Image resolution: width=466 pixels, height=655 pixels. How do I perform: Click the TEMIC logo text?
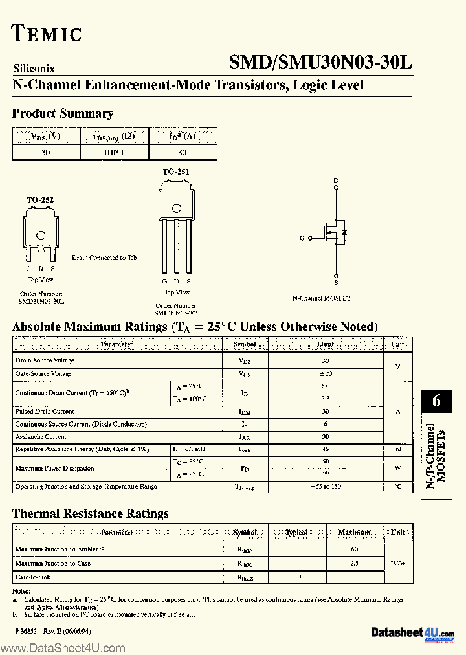click(47, 34)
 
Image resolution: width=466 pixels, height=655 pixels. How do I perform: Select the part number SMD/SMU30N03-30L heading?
click(320, 62)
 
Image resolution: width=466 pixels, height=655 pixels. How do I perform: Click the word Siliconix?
click(34, 68)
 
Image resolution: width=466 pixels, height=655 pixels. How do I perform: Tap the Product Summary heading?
click(63, 114)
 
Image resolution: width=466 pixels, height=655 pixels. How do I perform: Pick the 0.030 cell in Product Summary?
click(114, 153)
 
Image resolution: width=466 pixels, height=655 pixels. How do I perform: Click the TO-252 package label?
click(39, 200)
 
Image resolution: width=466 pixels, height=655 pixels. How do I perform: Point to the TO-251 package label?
click(175, 172)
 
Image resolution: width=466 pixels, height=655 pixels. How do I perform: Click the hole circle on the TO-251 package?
click(176, 207)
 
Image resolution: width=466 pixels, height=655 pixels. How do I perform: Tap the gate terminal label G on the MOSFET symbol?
click(302, 238)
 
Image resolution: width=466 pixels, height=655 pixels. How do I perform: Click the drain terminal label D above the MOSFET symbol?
click(336, 180)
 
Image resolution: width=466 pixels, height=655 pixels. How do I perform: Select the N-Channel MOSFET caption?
click(322, 298)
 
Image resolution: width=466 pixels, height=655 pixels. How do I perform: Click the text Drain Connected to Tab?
click(104, 258)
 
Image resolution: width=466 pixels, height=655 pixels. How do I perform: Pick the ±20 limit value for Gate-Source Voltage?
click(326, 374)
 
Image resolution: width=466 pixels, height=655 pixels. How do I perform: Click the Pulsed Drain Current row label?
click(45, 412)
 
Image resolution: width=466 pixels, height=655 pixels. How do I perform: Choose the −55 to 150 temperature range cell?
click(326, 486)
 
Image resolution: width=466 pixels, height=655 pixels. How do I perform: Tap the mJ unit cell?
click(398, 449)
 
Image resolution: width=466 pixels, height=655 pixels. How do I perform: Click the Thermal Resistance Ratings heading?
click(91, 513)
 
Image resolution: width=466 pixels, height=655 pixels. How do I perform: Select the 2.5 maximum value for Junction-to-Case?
click(355, 563)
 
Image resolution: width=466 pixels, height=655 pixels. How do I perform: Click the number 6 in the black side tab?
click(436, 401)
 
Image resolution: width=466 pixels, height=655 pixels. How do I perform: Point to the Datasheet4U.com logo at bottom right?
click(413, 632)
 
